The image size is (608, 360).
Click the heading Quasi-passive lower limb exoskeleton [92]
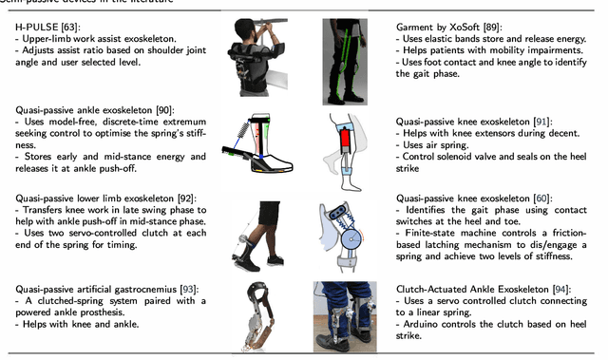pyautogui.click(x=100, y=200)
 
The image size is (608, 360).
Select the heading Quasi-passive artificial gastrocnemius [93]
pyautogui.click(x=101, y=286)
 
